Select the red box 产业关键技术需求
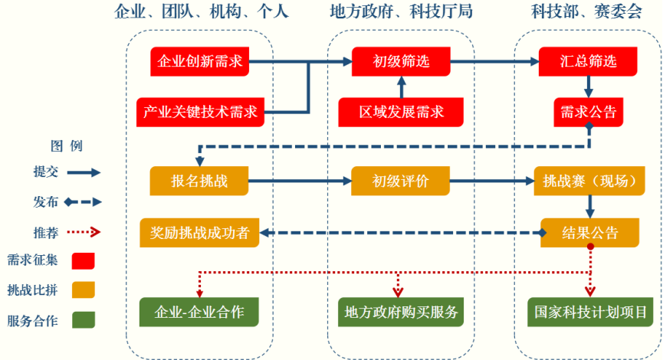pyautogui.click(x=201, y=113)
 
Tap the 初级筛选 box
pyautogui.click(x=401, y=61)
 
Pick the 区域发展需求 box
pyautogui.click(x=402, y=113)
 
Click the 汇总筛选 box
pyautogui.click(x=588, y=61)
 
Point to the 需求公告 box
pyautogui.click(x=588, y=113)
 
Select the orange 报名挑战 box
pyautogui.click(x=200, y=182)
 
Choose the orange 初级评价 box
pyautogui.click(x=401, y=182)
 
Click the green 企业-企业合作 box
pyautogui.click(x=200, y=312)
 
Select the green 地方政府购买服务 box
pyautogui.click(x=401, y=312)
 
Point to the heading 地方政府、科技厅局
pyautogui.click(x=401, y=12)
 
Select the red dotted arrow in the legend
pyautogui.click(x=83, y=231)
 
